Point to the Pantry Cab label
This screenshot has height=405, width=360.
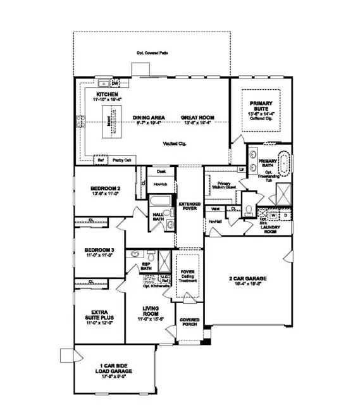(122, 160)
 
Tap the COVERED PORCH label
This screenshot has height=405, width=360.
(190, 323)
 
